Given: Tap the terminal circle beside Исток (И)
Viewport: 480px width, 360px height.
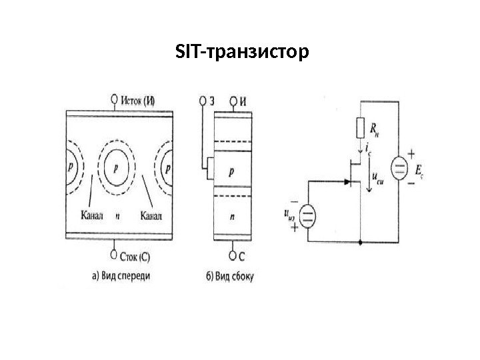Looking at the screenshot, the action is click(114, 101).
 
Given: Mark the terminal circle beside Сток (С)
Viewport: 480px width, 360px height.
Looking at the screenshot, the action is click(114, 253).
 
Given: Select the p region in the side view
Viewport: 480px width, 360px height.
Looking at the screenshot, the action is click(231, 171).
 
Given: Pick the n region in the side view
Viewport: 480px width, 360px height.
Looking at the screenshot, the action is click(231, 217).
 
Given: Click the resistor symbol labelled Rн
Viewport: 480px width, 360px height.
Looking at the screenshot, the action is click(360, 127).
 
